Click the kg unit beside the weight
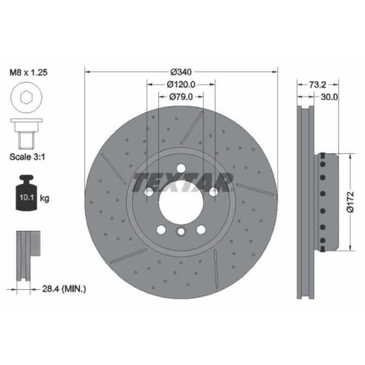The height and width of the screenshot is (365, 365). click(44, 198)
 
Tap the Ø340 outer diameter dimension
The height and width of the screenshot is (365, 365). click(181, 71)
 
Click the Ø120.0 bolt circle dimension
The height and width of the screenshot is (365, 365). click(181, 84)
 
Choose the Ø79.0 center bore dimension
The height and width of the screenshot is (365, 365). click(181, 96)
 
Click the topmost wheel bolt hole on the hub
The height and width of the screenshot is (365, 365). click(181, 170)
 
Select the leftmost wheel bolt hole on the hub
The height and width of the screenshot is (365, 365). click(149, 192)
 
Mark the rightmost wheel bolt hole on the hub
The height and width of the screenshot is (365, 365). click(213, 192)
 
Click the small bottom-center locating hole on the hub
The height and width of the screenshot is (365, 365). click(181, 232)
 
